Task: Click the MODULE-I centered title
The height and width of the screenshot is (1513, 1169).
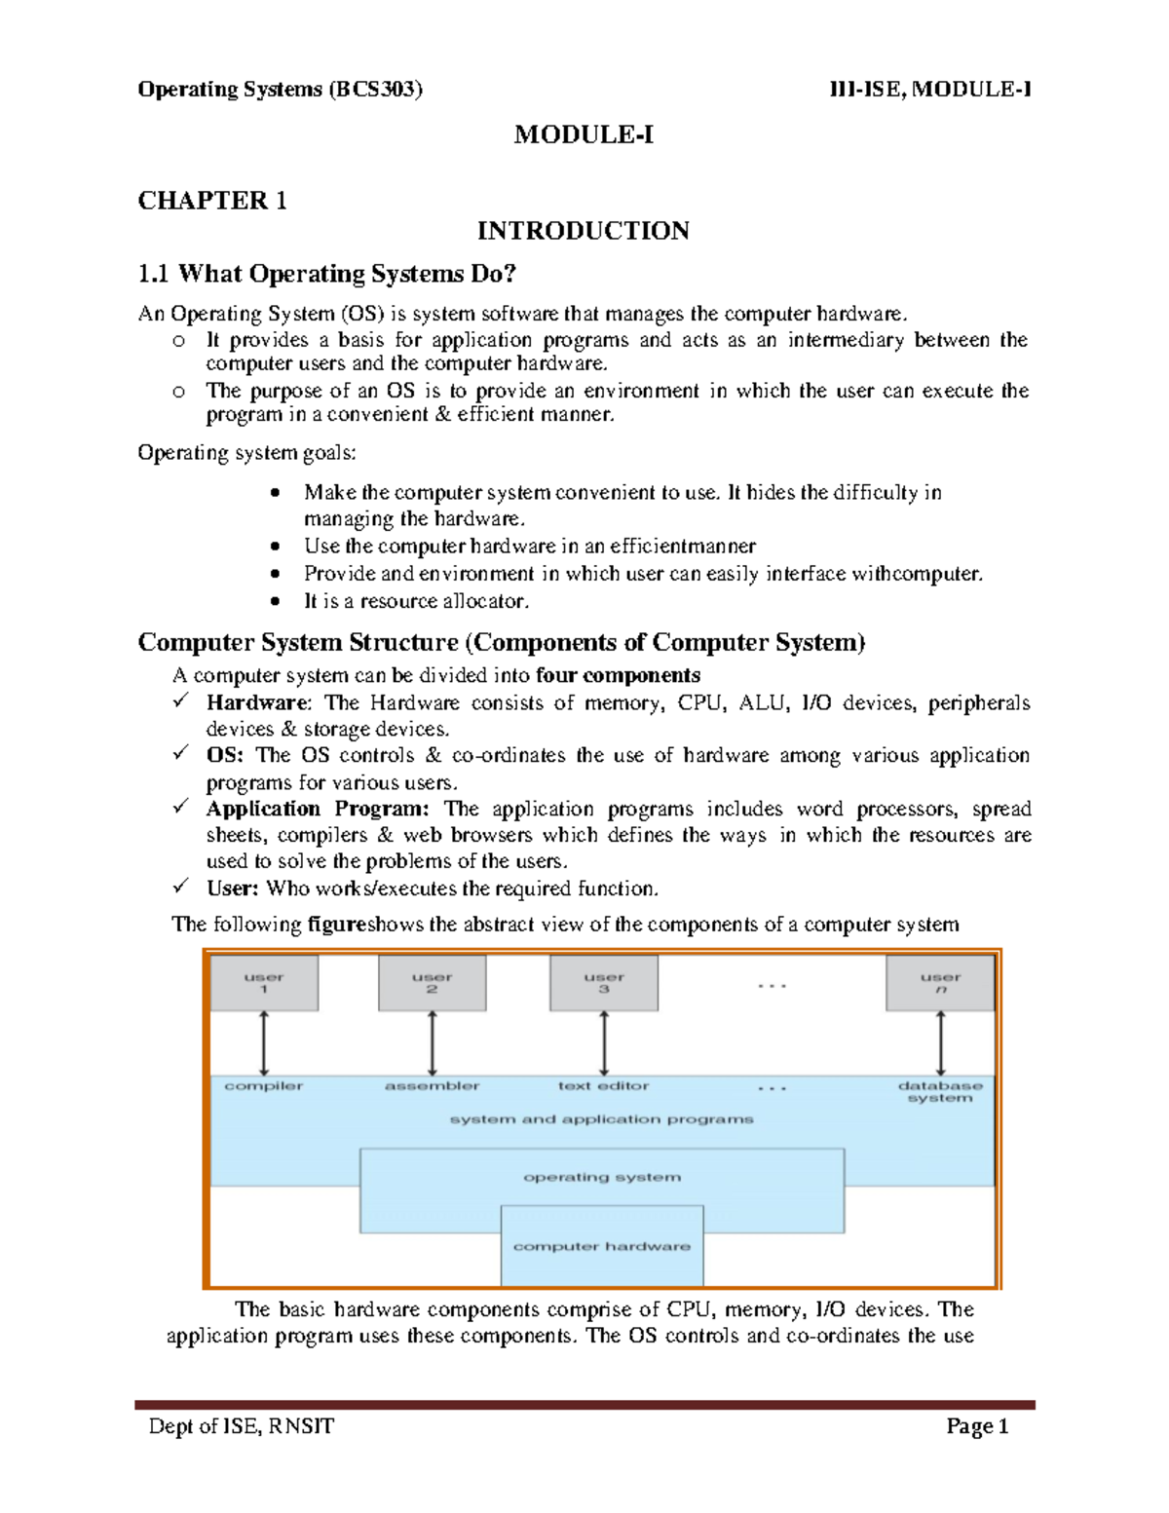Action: [584, 134]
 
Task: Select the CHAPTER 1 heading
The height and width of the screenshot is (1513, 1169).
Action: [212, 201]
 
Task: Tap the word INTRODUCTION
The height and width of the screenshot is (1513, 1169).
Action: [584, 231]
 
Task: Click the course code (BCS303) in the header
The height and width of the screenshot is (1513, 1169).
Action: [375, 90]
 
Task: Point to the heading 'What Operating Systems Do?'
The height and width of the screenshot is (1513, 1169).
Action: [346, 274]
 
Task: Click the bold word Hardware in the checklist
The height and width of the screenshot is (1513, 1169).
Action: [257, 702]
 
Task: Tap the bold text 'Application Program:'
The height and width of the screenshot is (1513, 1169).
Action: [318, 809]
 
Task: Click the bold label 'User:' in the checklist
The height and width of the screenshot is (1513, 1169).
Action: [232, 889]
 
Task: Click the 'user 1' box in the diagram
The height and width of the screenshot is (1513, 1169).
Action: [264, 983]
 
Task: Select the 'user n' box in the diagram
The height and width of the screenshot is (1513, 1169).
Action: [940, 983]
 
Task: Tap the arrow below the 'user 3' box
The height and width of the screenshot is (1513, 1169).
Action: [604, 1042]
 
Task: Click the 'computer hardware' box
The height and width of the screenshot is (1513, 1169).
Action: [602, 1246]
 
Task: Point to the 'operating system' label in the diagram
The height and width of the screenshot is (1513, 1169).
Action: [602, 1177]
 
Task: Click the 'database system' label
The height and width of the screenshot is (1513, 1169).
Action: [940, 1091]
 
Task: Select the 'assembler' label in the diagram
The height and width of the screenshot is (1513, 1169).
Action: [432, 1085]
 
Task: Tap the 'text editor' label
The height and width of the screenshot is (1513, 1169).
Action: [603, 1085]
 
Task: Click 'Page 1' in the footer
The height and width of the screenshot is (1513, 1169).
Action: [977, 1427]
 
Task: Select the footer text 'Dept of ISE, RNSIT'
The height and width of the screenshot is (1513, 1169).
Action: [241, 1427]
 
